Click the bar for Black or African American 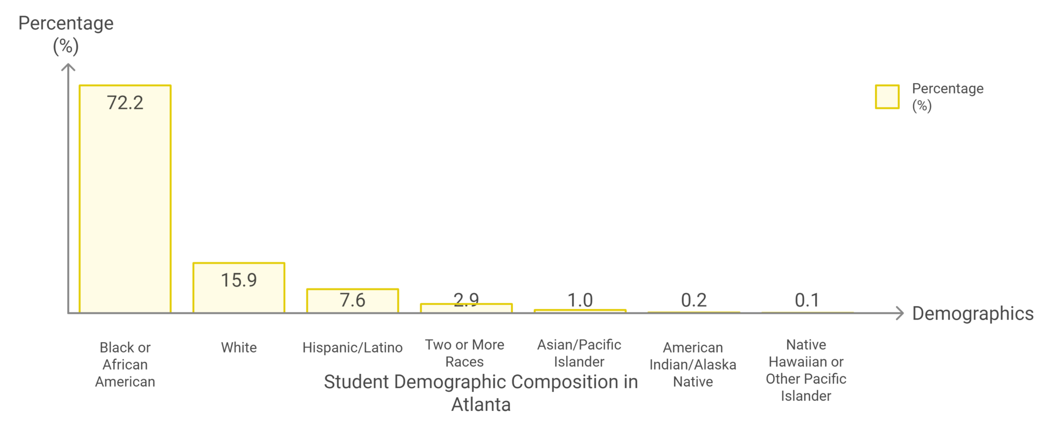click(x=125, y=207)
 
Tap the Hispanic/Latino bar click(x=352, y=305)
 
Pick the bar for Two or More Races click(x=466, y=309)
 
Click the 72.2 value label click(x=125, y=103)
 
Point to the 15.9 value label click(x=239, y=280)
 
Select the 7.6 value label click(x=352, y=300)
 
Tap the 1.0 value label click(x=580, y=300)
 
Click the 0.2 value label click(x=693, y=300)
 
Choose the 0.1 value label click(x=807, y=300)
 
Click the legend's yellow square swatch click(x=887, y=97)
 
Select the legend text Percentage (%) click(x=947, y=97)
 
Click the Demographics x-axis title click(x=972, y=313)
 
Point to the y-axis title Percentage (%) click(x=66, y=34)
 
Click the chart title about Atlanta click(x=481, y=393)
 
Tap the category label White click(x=239, y=347)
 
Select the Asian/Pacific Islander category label click(x=579, y=353)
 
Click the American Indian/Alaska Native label click(x=693, y=364)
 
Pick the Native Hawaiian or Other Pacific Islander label click(x=806, y=370)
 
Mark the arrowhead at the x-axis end click(x=900, y=313)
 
